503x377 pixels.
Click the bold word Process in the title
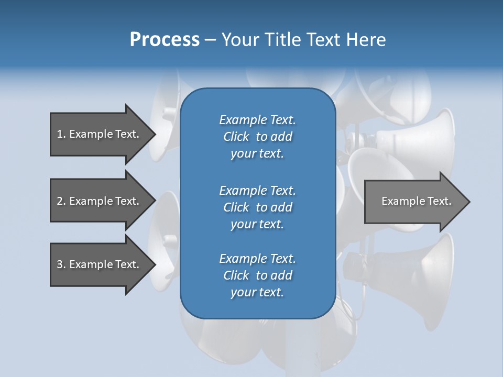tap(165, 39)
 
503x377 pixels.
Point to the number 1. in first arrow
tap(61, 134)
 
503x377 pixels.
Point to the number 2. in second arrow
tap(61, 201)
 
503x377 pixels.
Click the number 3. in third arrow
tap(61, 264)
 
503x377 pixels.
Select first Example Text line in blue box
tap(257, 120)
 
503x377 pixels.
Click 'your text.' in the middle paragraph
tap(257, 224)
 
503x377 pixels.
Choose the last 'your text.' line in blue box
tap(257, 292)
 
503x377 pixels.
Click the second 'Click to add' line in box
tap(257, 207)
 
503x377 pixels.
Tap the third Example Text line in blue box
tap(257, 259)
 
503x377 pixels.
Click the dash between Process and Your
tap(210, 40)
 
